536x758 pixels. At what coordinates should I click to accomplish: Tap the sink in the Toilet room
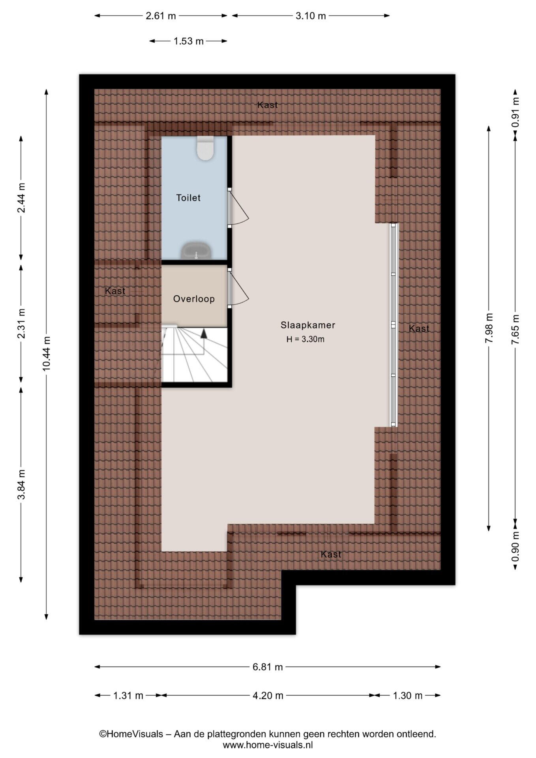(196, 250)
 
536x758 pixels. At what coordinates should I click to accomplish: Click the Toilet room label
(188, 198)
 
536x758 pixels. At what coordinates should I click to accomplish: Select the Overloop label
(194, 299)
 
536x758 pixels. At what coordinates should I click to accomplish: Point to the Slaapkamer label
(308, 325)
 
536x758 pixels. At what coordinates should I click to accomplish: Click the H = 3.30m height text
(305, 339)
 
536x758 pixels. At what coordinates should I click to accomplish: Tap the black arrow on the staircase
(204, 333)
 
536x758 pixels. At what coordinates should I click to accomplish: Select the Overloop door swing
(239, 288)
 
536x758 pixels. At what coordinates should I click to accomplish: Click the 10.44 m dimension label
(47, 354)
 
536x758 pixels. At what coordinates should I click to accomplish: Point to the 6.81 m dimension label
(268, 667)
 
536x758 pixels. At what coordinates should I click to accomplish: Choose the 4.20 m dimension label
(268, 695)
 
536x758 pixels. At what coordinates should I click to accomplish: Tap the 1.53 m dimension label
(189, 41)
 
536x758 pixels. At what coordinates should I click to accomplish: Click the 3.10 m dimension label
(311, 16)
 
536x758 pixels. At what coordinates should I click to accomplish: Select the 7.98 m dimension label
(489, 328)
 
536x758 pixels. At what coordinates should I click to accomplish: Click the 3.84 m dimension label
(21, 484)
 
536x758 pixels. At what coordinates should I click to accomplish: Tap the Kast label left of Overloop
(115, 291)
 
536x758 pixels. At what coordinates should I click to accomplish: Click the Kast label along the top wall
(268, 105)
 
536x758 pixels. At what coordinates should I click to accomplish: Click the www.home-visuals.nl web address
(268, 745)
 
